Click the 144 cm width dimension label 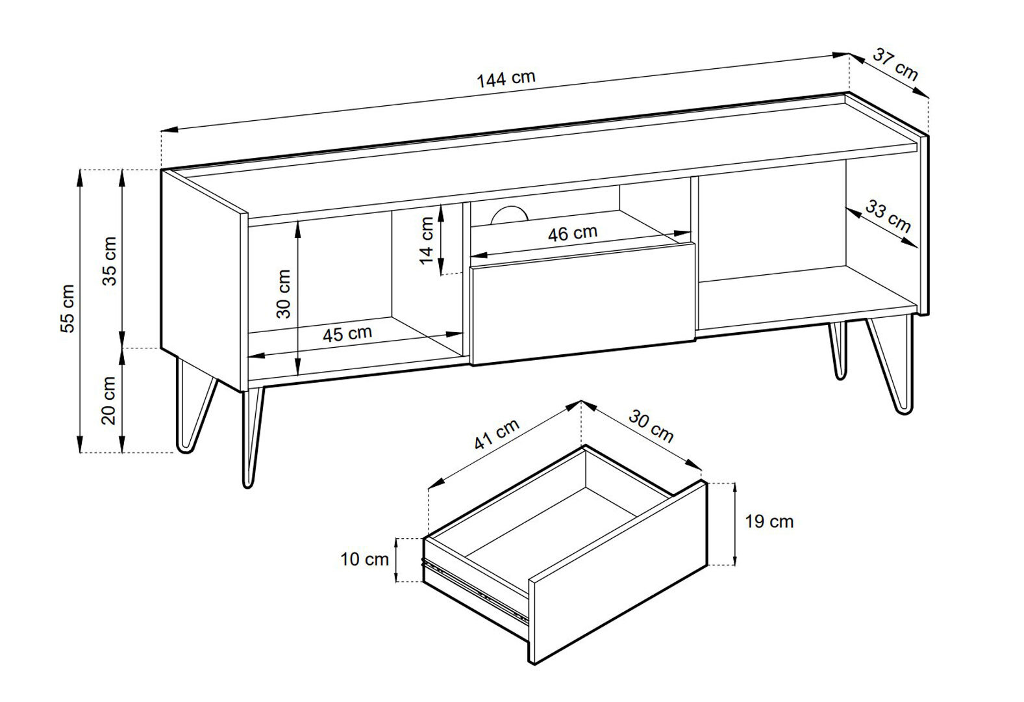[506, 79]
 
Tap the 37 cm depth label [895, 64]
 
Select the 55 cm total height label [68, 309]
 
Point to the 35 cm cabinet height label [109, 261]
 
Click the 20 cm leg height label [109, 400]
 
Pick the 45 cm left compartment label [347, 333]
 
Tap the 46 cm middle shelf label [572, 233]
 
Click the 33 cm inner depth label [887, 216]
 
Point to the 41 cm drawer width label [497, 434]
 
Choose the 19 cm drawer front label [769, 522]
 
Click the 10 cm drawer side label [364, 559]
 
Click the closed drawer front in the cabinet [582, 304]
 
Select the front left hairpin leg [251, 437]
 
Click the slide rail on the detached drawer [475, 590]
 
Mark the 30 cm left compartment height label [283, 294]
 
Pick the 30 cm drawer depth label [651, 426]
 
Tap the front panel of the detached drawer [618, 572]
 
